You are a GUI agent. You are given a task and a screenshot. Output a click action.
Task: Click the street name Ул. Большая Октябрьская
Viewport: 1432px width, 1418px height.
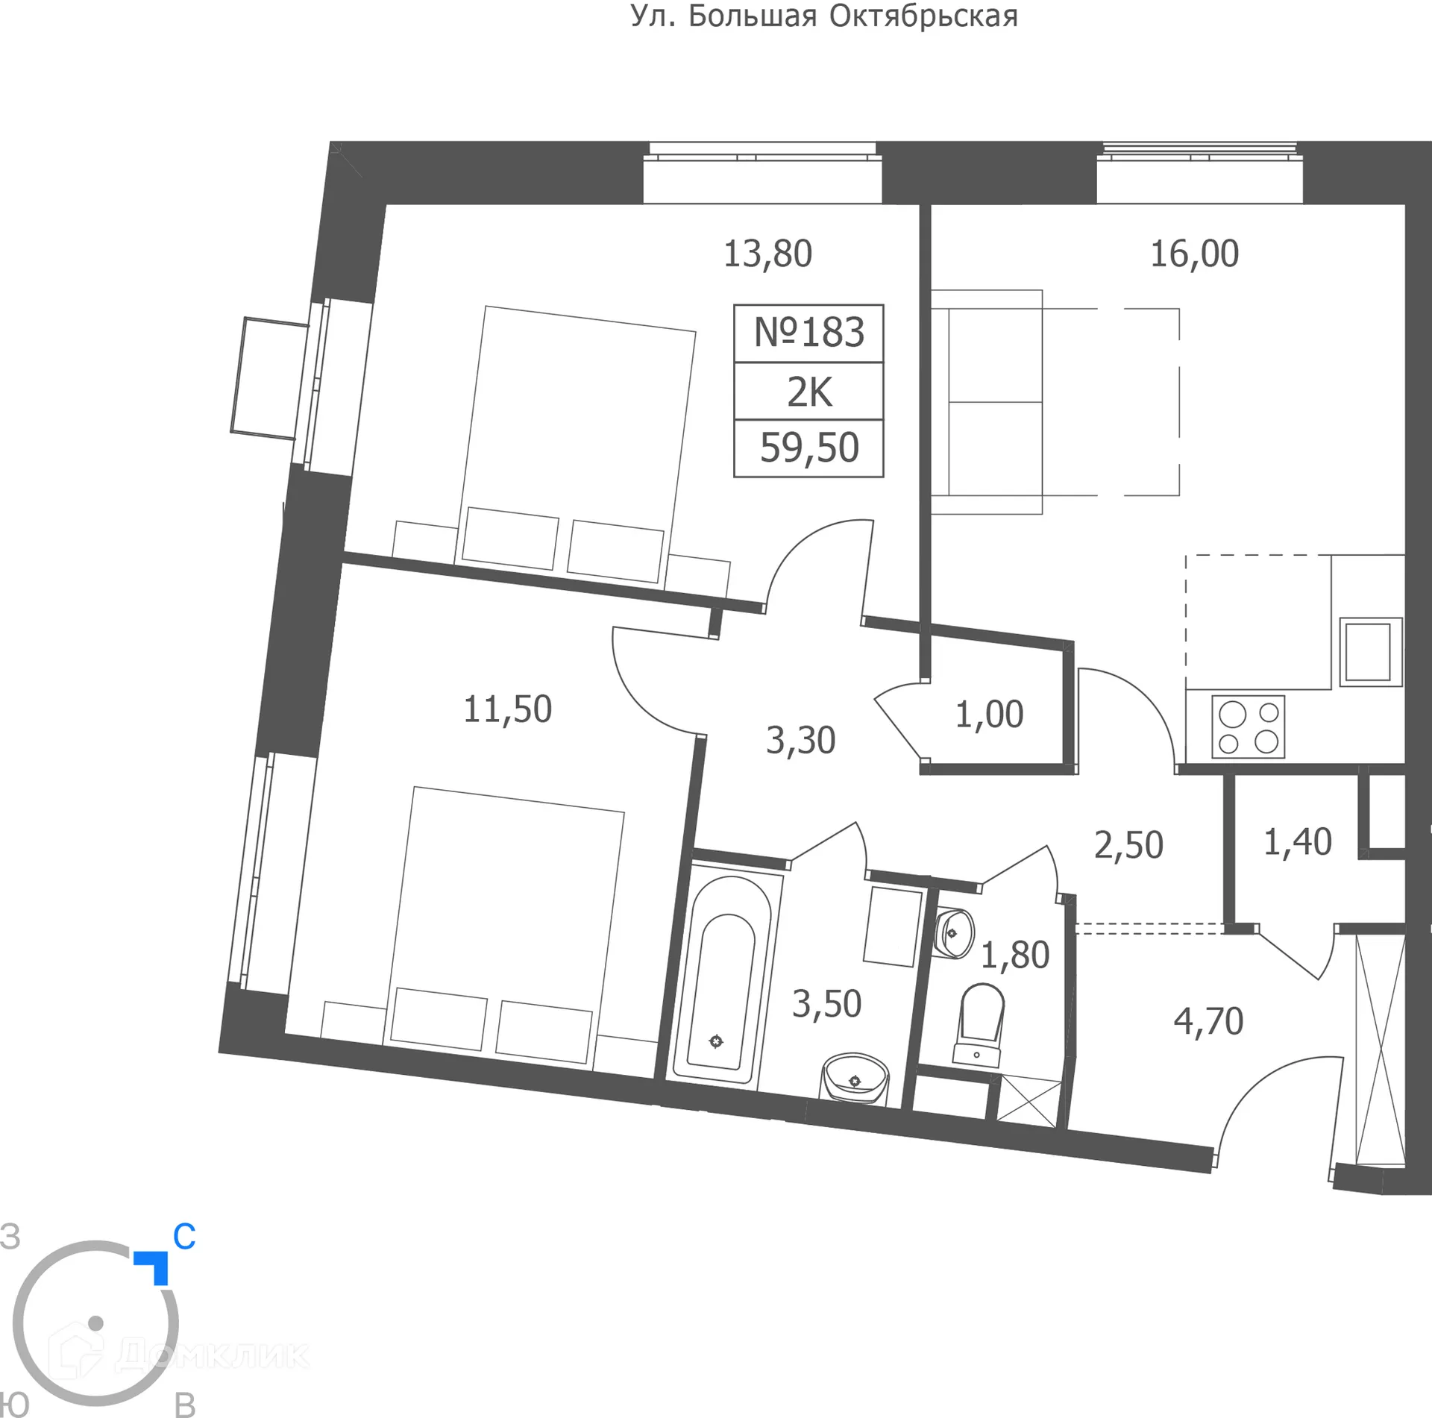click(x=824, y=16)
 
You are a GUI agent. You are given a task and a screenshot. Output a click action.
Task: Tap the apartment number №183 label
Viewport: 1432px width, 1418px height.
click(x=808, y=333)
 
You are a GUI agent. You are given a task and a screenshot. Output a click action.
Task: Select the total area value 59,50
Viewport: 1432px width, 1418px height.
click(x=809, y=448)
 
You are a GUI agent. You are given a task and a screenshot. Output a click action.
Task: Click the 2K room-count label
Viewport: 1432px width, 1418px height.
click(x=809, y=392)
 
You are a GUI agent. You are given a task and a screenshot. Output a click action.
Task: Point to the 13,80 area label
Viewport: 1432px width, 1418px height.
click(x=767, y=254)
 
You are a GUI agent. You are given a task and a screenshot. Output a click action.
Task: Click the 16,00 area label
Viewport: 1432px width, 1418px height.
click(x=1194, y=254)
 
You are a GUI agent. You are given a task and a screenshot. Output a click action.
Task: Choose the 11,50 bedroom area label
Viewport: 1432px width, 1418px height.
click(x=507, y=709)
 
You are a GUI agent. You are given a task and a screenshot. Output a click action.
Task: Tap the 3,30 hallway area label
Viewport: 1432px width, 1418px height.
click(x=800, y=741)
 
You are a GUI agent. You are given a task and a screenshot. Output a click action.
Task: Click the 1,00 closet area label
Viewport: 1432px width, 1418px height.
click(x=989, y=715)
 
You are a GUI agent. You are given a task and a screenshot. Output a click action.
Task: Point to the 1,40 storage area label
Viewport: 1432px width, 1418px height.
click(x=1297, y=842)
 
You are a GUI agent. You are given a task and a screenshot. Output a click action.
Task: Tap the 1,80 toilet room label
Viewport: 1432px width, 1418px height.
click(x=1014, y=956)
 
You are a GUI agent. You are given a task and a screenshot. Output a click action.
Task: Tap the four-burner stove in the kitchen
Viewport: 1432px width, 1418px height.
click(x=1248, y=727)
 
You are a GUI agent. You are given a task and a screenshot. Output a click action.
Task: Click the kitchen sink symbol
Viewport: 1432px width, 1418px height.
click(x=1370, y=651)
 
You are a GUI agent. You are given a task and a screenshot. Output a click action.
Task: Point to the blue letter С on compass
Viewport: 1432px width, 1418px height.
click(x=183, y=1237)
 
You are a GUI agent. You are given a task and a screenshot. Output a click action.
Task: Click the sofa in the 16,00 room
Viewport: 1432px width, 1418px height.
click(x=986, y=402)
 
